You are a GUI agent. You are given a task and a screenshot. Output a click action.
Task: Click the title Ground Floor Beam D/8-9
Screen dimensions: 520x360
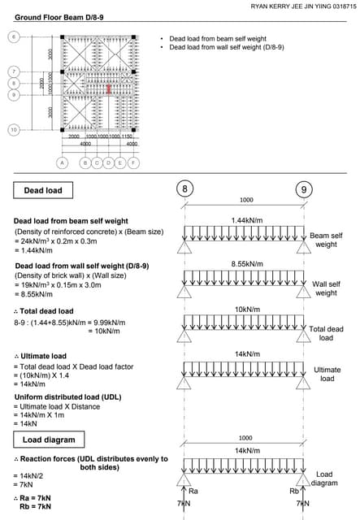pos(54,16)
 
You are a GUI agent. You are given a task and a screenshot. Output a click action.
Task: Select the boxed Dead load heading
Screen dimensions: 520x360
pos(41,190)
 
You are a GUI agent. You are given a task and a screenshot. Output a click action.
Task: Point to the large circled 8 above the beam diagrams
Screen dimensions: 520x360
pos(185,189)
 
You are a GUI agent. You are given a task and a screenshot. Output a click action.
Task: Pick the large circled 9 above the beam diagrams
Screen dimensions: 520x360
pos(304,189)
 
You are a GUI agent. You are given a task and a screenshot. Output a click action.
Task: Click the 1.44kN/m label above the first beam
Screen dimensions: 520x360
pos(245,220)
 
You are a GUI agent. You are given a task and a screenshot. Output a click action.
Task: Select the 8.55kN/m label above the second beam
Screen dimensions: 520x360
pos(245,264)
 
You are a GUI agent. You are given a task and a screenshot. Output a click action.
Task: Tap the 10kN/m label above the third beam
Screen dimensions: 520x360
pos(245,309)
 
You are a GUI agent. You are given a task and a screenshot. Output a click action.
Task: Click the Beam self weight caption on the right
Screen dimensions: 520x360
pos(326,240)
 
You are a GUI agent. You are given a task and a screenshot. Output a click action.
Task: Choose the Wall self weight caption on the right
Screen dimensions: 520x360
pos(326,288)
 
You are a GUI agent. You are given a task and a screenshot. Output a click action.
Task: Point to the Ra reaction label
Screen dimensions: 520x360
pos(193,491)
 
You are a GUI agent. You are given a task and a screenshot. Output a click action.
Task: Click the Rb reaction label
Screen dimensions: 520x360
pos(293,491)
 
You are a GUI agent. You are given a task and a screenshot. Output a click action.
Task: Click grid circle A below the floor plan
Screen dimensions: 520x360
pos(62,162)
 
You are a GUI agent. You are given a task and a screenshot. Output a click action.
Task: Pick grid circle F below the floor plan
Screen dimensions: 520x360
pos(133,162)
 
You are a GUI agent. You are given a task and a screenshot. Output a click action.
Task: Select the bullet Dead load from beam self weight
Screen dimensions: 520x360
pos(217,39)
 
